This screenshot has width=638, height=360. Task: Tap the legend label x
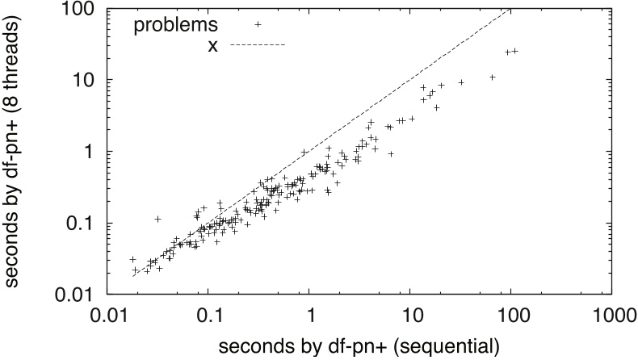click(x=212, y=45)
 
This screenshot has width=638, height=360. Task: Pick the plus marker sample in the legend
click(x=258, y=24)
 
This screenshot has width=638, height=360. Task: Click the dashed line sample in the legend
click(x=258, y=45)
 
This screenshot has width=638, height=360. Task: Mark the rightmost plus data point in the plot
click(x=514, y=51)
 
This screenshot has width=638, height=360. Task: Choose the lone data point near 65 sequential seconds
click(x=492, y=77)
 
